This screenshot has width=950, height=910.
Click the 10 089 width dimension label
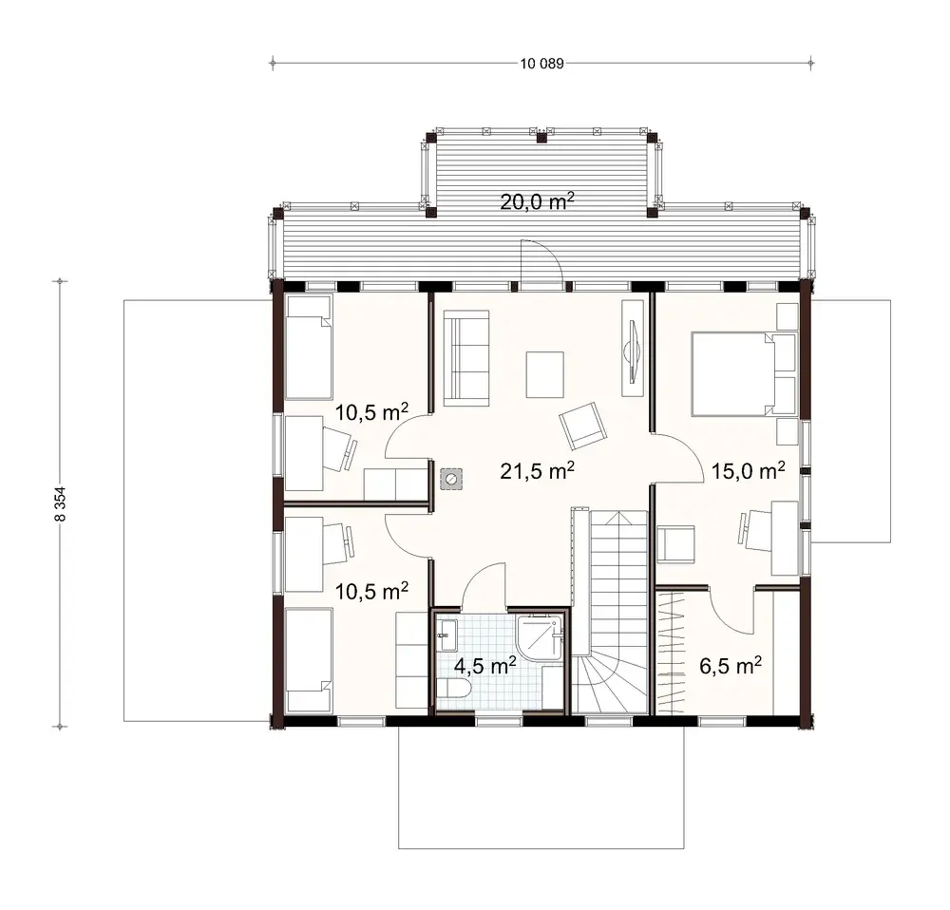click(542, 65)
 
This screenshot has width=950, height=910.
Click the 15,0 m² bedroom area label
click(749, 470)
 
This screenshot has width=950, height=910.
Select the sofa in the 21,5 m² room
click(466, 361)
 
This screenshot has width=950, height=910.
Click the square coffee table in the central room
click(545, 375)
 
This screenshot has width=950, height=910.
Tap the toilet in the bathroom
click(455, 691)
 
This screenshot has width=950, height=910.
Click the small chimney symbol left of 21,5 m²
click(450, 479)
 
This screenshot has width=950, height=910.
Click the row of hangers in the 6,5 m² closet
click(673, 651)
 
